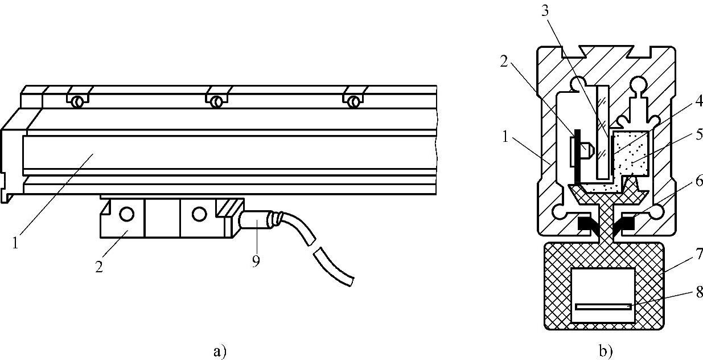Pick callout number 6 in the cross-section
[698, 181]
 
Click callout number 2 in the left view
[100, 266]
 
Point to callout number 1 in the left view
[15, 242]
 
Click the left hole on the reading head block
[126, 214]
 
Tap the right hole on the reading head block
[198, 214]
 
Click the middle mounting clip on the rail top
[216, 101]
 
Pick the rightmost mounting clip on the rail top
[354, 101]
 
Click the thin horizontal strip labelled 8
[603, 306]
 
